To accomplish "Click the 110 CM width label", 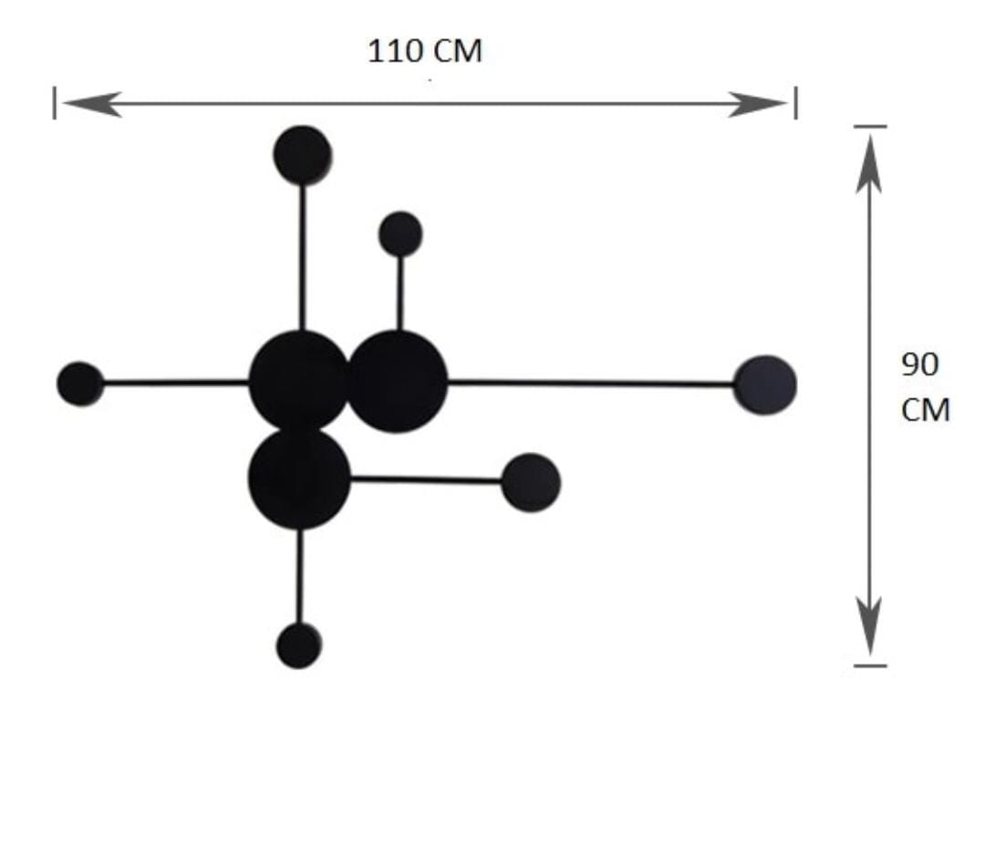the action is point(425,51).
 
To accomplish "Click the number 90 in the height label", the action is point(919,364).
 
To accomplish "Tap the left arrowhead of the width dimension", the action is point(92,104).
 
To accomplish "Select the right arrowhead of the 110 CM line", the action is point(757,104).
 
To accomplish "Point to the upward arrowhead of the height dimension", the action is point(869,163).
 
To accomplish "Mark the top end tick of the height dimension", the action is point(870,126).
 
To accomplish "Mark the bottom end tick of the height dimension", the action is point(870,665).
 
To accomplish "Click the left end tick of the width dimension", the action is point(55,103).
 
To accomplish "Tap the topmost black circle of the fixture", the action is point(303,155).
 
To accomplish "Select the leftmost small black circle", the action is point(80,384).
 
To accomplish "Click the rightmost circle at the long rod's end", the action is point(765,385).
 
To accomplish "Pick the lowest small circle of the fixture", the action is point(299,645).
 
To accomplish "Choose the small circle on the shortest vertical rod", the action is point(400,233).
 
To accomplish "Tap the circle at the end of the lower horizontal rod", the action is point(531,483).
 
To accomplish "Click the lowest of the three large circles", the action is point(299,479).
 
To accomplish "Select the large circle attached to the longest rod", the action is point(396,381).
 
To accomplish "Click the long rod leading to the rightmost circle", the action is point(590,383).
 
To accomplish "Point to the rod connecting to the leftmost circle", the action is point(176,382).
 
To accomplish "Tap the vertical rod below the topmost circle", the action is point(303,257).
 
